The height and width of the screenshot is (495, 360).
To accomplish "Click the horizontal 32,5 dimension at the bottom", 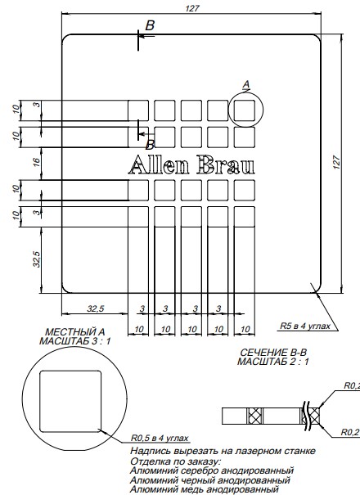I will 95,309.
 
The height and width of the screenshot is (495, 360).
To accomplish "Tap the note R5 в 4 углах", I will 305,325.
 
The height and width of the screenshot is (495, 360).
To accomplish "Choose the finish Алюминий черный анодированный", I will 211,479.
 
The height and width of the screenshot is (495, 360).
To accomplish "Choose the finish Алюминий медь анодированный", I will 208,489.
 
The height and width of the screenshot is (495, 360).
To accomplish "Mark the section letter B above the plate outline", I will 149,26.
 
